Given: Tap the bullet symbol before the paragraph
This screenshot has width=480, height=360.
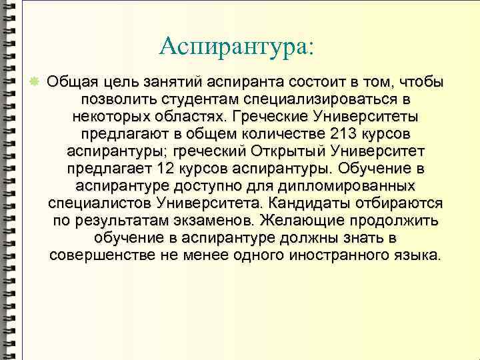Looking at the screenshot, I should [35, 81].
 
